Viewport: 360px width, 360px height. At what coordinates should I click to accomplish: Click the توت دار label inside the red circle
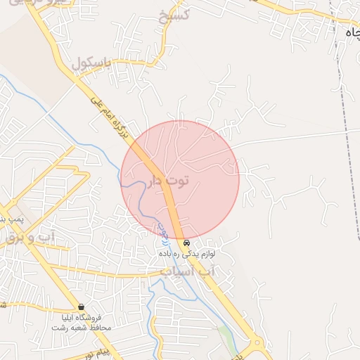click(x=169, y=181)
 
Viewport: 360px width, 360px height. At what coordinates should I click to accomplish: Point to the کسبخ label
click(x=173, y=16)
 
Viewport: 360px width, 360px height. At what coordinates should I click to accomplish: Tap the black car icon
click(x=186, y=243)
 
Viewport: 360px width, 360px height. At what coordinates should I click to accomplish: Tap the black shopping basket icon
click(x=82, y=307)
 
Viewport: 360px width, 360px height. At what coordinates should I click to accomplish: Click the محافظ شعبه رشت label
click(x=82, y=328)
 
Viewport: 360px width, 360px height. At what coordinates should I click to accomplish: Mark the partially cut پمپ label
click(x=10, y=219)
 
